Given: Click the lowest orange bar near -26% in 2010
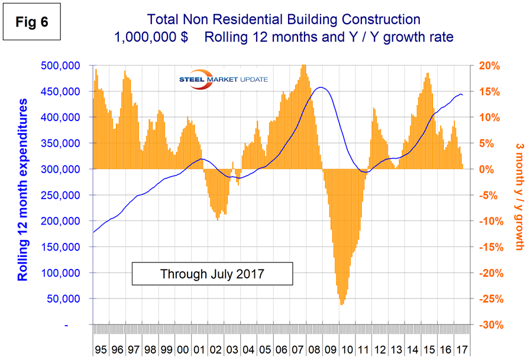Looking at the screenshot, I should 342,304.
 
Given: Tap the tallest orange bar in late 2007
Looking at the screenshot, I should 303,66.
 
